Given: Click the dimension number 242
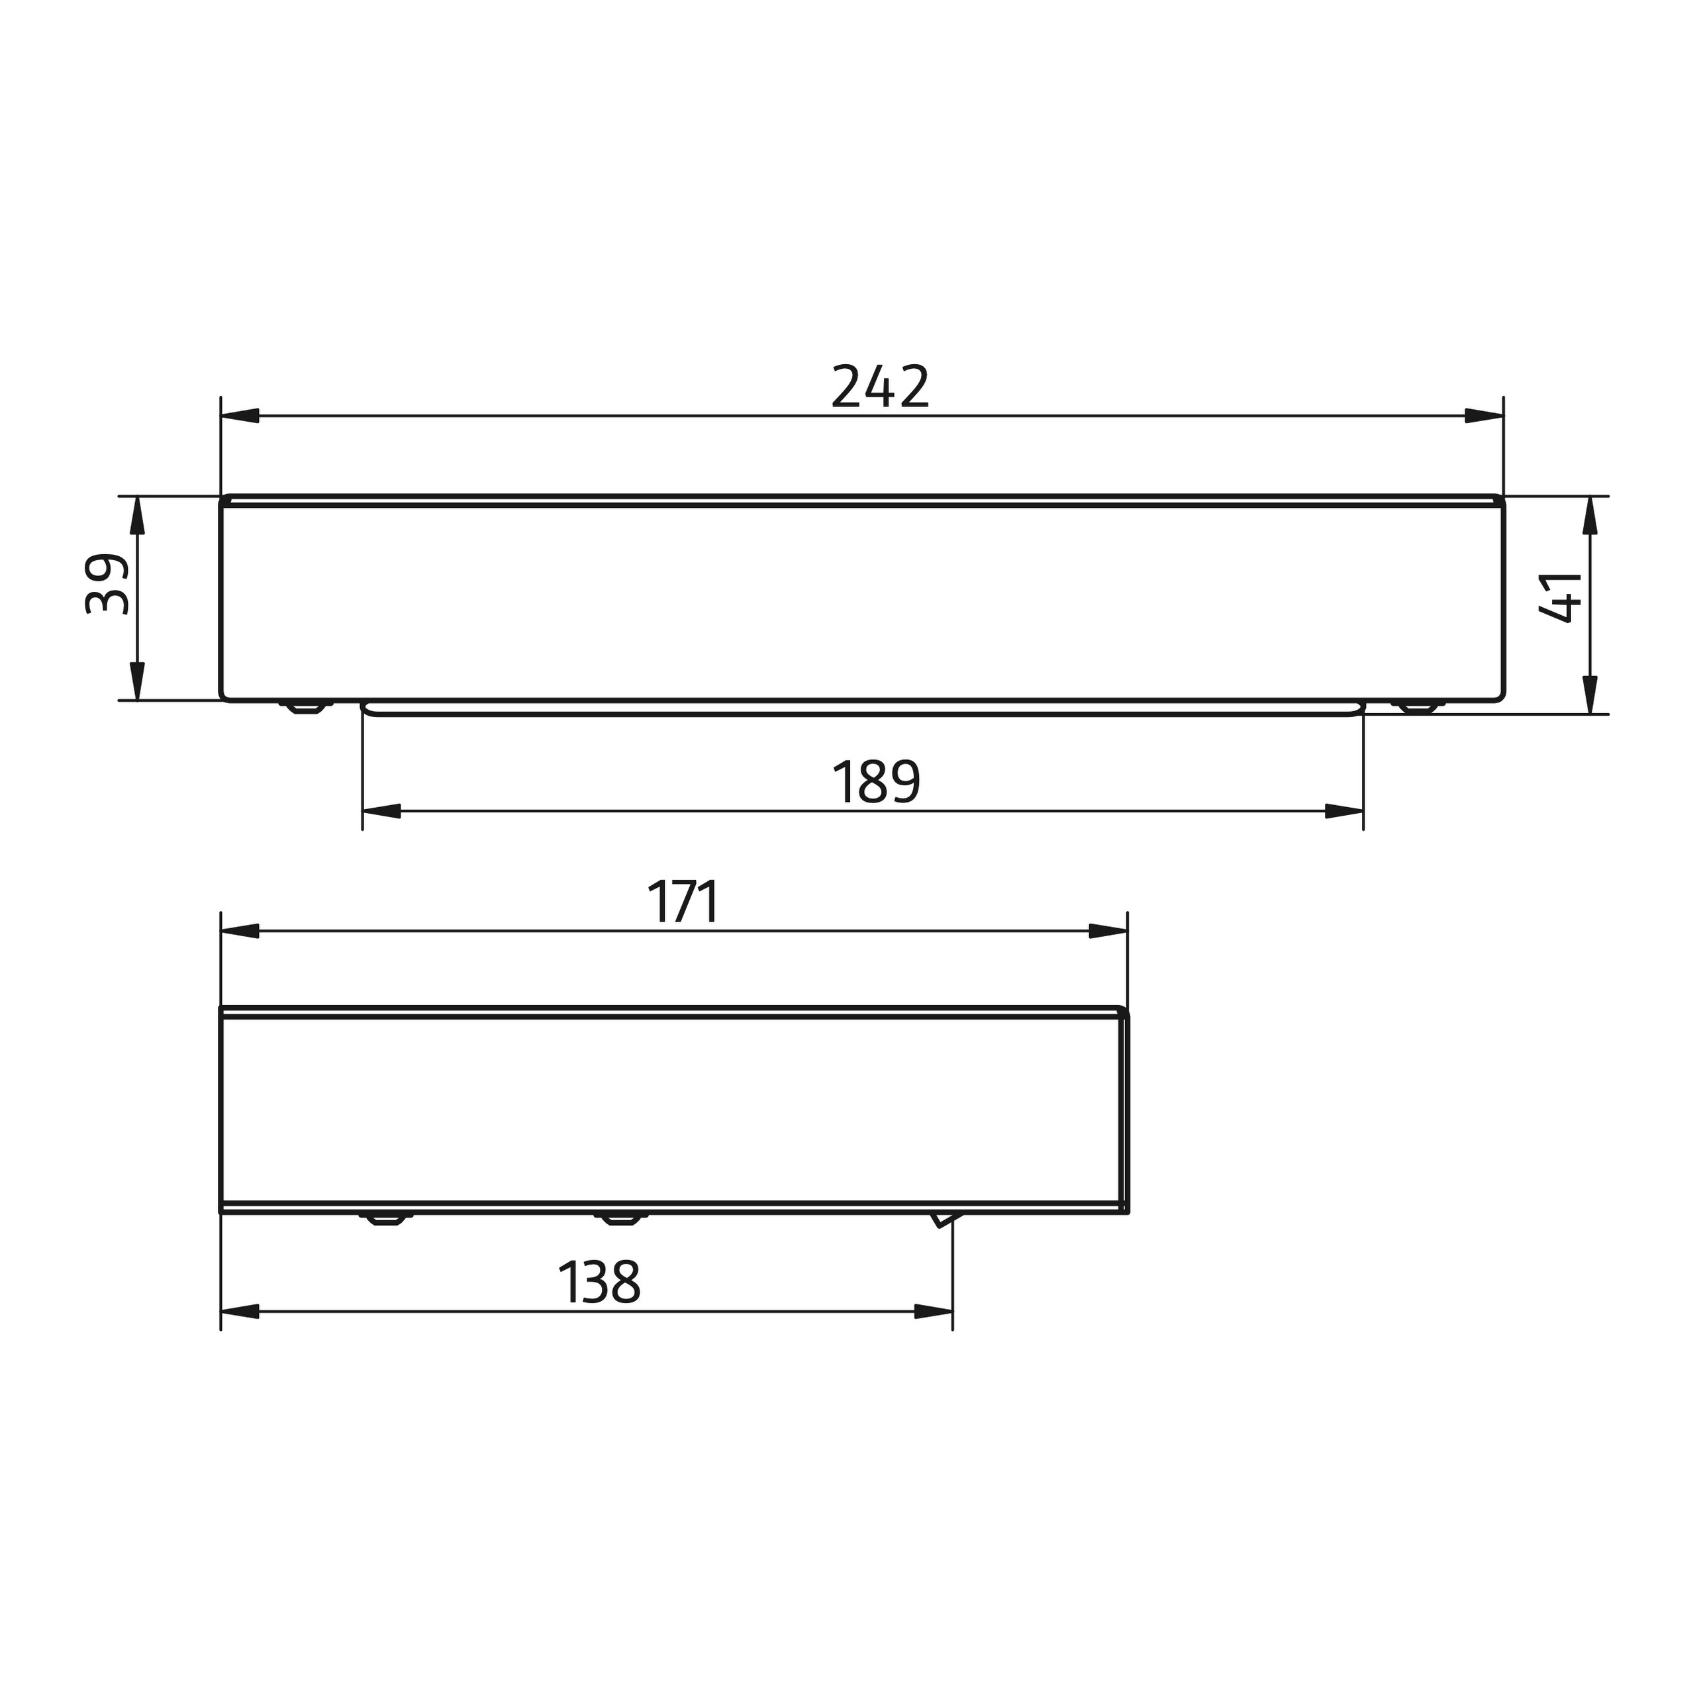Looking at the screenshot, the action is (879, 386).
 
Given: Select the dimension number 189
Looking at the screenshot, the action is (875, 782).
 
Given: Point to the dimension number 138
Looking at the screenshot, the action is (599, 1283).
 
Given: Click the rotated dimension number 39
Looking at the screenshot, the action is (108, 583).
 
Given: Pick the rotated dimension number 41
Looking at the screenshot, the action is (1561, 597).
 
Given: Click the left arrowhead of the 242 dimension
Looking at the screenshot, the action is (240, 416).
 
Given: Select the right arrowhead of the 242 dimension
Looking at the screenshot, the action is (1484, 416).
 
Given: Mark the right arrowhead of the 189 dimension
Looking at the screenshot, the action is (1344, 812).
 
